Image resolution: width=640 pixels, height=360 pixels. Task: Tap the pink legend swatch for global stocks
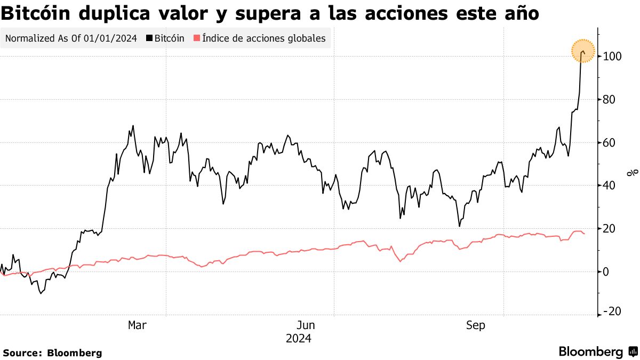tap(197, 38)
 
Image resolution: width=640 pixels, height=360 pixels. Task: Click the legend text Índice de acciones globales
tap(264, 38)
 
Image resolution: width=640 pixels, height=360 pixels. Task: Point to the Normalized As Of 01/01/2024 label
tap(71, 38)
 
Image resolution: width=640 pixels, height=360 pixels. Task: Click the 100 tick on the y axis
tap(612, 57)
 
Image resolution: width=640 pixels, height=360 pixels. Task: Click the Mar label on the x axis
tap(137, 325)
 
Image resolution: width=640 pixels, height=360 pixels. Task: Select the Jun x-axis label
tap(306, 325)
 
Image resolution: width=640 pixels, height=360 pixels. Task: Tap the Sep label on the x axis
tap(475, 325)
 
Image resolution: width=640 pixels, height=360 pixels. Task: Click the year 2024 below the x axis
tap(299, 339)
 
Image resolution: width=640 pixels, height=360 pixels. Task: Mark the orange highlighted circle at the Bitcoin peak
tap(583, 51)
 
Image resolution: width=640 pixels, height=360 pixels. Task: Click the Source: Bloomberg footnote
tap(52, 353)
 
